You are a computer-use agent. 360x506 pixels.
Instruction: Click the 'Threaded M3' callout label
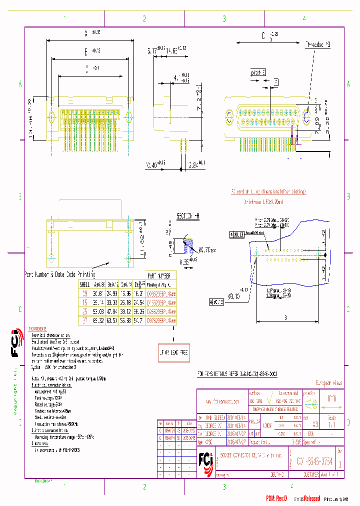click(317, 44)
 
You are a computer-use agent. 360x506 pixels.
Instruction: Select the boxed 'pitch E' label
click(257, 72)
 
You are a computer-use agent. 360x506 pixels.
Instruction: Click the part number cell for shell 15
click(161, 302)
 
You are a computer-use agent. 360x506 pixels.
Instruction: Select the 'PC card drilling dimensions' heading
click(268, 191)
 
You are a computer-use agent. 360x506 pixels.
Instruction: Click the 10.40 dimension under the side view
click(156, 163)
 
